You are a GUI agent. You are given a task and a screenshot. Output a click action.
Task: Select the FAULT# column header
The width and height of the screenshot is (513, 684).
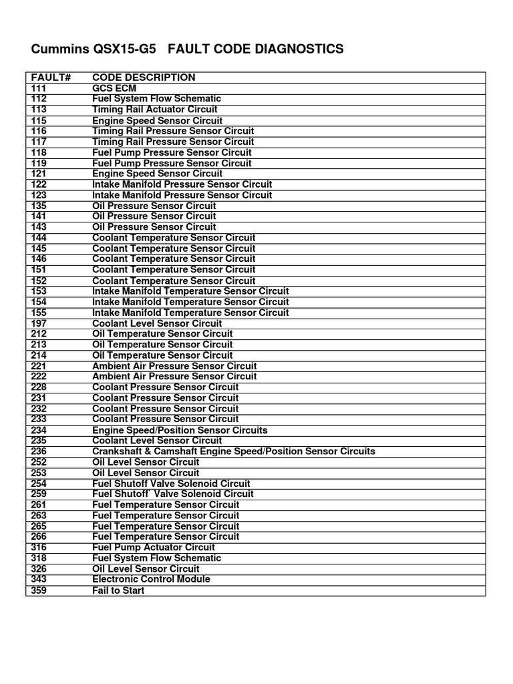(51, 77)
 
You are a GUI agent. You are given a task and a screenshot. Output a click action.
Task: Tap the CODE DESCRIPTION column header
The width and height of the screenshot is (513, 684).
(144, 77)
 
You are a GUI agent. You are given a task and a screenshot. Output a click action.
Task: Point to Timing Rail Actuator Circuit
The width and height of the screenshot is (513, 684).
(155, 110)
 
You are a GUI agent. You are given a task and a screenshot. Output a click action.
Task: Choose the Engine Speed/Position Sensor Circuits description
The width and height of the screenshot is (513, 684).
(180, 430)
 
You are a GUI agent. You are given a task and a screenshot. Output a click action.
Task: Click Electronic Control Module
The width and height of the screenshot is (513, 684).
(151, 580)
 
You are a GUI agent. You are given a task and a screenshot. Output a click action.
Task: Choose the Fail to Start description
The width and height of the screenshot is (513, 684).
(118, 591)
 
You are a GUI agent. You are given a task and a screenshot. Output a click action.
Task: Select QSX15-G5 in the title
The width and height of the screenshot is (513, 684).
(130, 49)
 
